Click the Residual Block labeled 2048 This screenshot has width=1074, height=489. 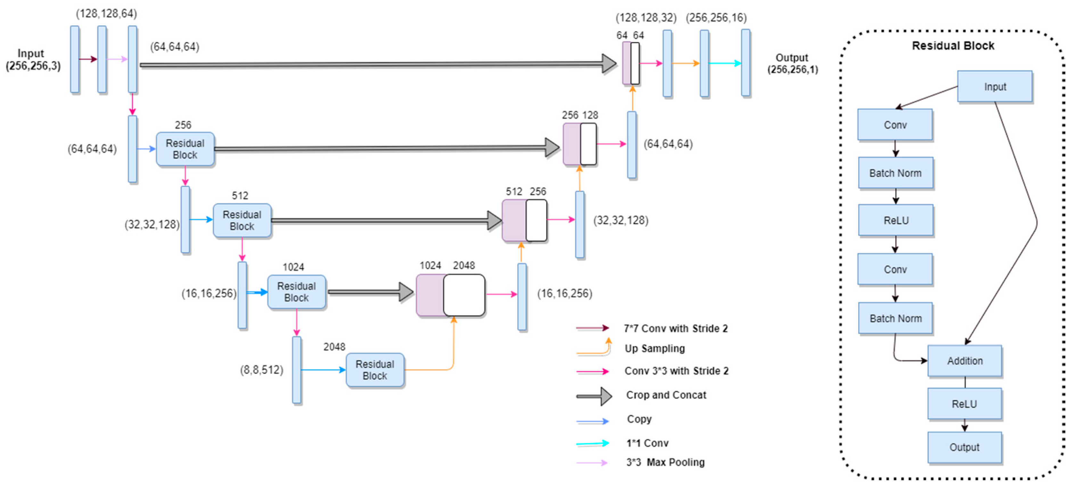point(375,370)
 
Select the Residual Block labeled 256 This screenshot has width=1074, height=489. point(185,149)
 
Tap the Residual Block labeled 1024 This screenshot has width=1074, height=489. point(296,292)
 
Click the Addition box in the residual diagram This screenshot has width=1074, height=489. point(964,361)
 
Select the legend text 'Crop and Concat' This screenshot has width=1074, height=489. point(666,395)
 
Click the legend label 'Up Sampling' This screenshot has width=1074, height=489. point(655,348)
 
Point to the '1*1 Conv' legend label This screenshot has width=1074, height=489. point(647,443)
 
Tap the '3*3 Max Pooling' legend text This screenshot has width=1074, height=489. point(665,462)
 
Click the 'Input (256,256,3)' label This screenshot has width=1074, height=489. point(33,60)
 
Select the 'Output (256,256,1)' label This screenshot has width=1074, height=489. point(792,63)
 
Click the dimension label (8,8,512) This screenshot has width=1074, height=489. point(261,370)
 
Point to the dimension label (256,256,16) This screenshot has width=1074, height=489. point(716,18)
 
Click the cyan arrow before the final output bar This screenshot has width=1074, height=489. point(725,63)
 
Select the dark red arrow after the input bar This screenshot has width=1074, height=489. point(88,59)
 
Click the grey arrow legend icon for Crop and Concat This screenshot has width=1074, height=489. point(594,396)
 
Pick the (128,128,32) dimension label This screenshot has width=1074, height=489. point(646,18)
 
